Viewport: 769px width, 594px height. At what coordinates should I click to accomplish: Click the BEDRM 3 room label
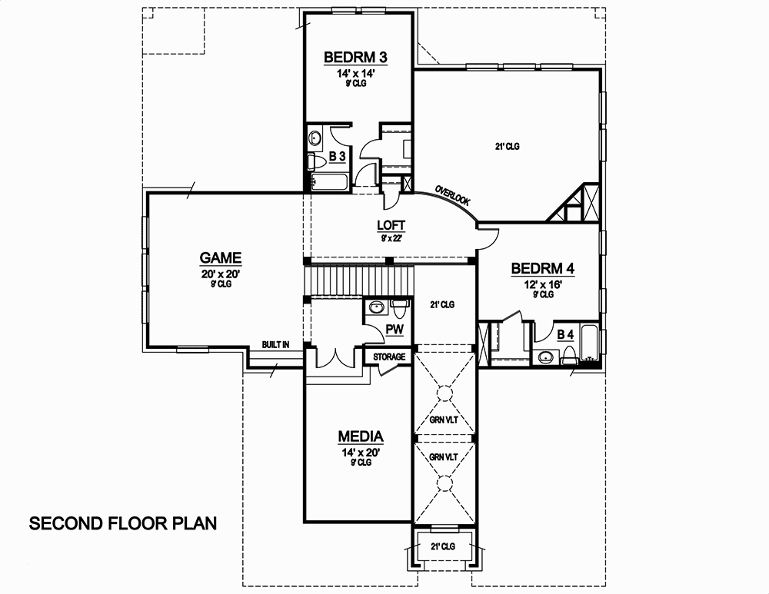pos(355,57)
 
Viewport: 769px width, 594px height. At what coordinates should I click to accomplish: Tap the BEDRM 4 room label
pos(543,269)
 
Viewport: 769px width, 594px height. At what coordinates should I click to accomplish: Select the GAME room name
pos(221,258)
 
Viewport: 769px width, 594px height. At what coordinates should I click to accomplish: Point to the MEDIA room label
pos(361,437)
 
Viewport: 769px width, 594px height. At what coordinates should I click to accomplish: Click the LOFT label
pos(391,226)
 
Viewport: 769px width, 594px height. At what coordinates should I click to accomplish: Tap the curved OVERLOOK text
pos(452,194)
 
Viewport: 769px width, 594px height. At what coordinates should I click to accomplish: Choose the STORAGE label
pos(389,357)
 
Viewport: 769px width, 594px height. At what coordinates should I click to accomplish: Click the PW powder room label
pos(395,330)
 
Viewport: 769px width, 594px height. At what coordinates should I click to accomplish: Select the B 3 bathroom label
pos(337,157)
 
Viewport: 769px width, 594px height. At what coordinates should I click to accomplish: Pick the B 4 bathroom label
pos(565,334)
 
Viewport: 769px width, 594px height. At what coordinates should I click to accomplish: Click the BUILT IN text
pos(275,345)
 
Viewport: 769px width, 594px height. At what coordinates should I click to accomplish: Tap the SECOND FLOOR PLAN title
pos(123,524)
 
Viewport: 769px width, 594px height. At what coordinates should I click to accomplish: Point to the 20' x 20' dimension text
pos(220,274)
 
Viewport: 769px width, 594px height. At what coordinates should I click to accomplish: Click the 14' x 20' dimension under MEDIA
pos(361,453)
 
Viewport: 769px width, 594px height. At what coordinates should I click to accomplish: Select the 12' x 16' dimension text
pos(543,284)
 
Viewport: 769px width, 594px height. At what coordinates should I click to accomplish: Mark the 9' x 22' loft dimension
pos(391,238)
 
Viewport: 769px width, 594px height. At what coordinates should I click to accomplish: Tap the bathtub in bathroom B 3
pos(329,182)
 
